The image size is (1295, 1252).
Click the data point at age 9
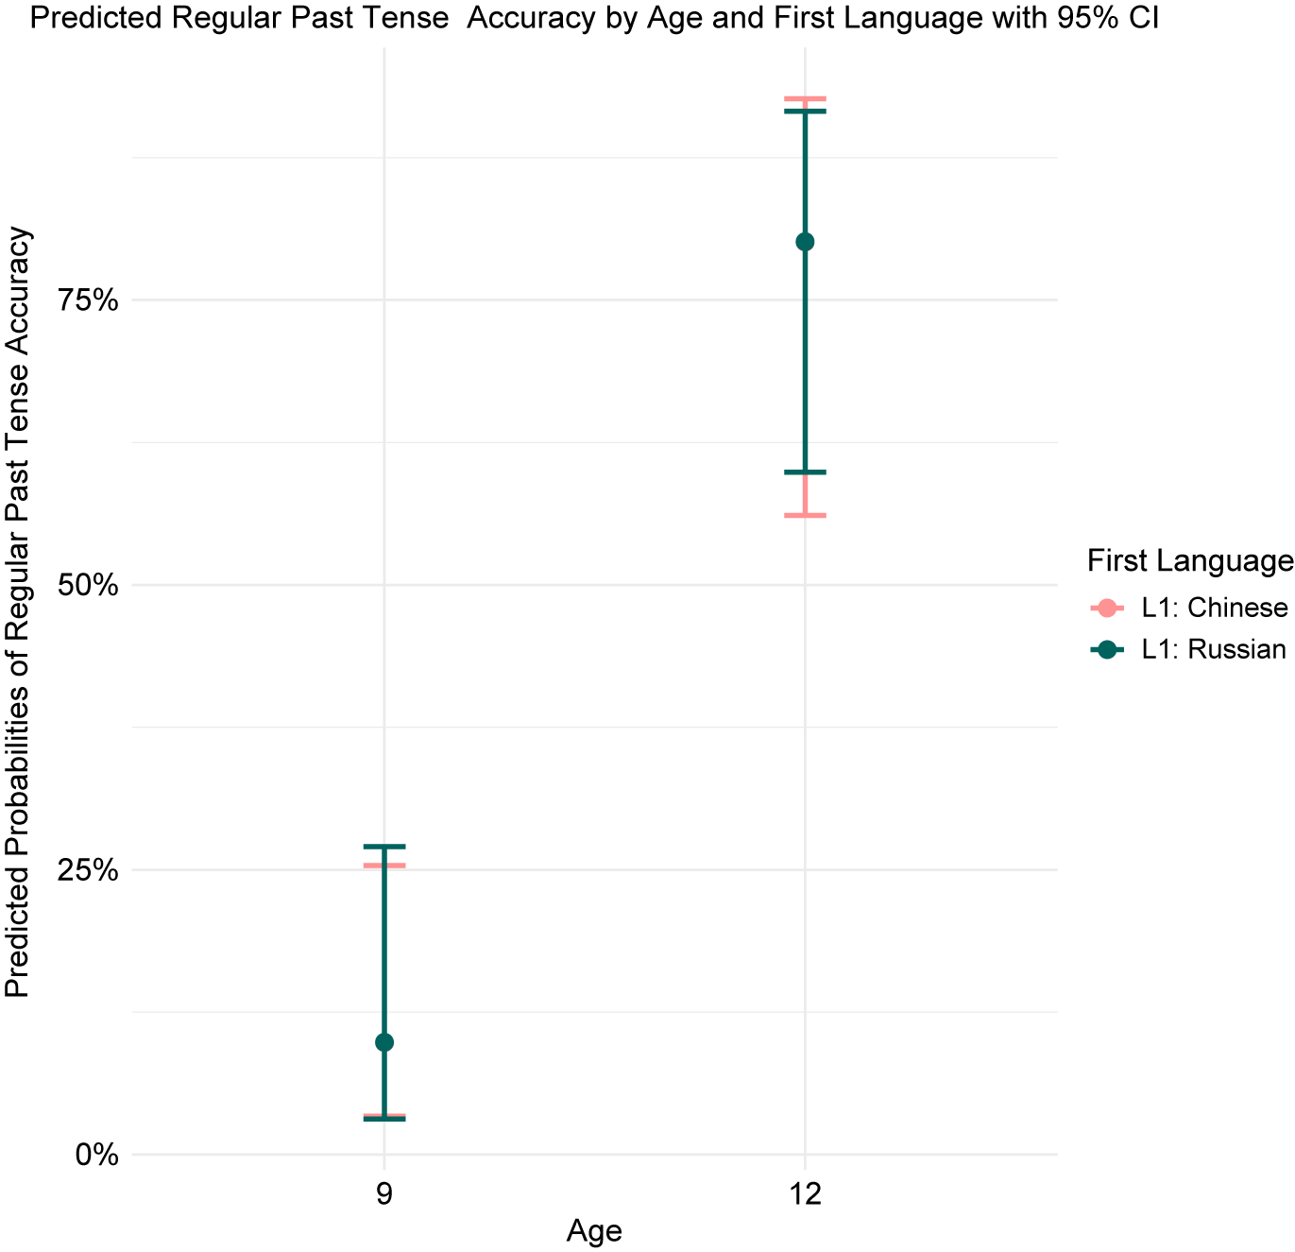[384, 1041]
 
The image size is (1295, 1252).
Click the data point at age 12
[805, 242]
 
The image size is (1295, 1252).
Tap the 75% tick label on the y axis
[88, 300]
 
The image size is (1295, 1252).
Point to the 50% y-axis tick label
[88, 586]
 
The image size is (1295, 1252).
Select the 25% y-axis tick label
[88, 870]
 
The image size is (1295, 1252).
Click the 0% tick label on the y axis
[97, 1155]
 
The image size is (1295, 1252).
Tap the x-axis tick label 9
[384, 1194]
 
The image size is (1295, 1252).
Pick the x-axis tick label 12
[805, 1194]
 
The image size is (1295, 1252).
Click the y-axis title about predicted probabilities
[17, 611]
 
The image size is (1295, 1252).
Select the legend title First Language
[1190, 560]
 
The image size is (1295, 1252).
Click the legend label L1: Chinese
[1215, 608]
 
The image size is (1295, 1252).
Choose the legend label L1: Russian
[1214, 650]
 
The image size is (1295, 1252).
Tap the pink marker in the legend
[1107, 608]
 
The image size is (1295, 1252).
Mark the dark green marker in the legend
[1107, 650]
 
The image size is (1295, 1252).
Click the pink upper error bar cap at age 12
[805, 98]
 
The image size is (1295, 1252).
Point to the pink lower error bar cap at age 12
[805, 515]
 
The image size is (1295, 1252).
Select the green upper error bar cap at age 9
[384, 846]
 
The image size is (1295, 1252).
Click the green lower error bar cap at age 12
[805, 472]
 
